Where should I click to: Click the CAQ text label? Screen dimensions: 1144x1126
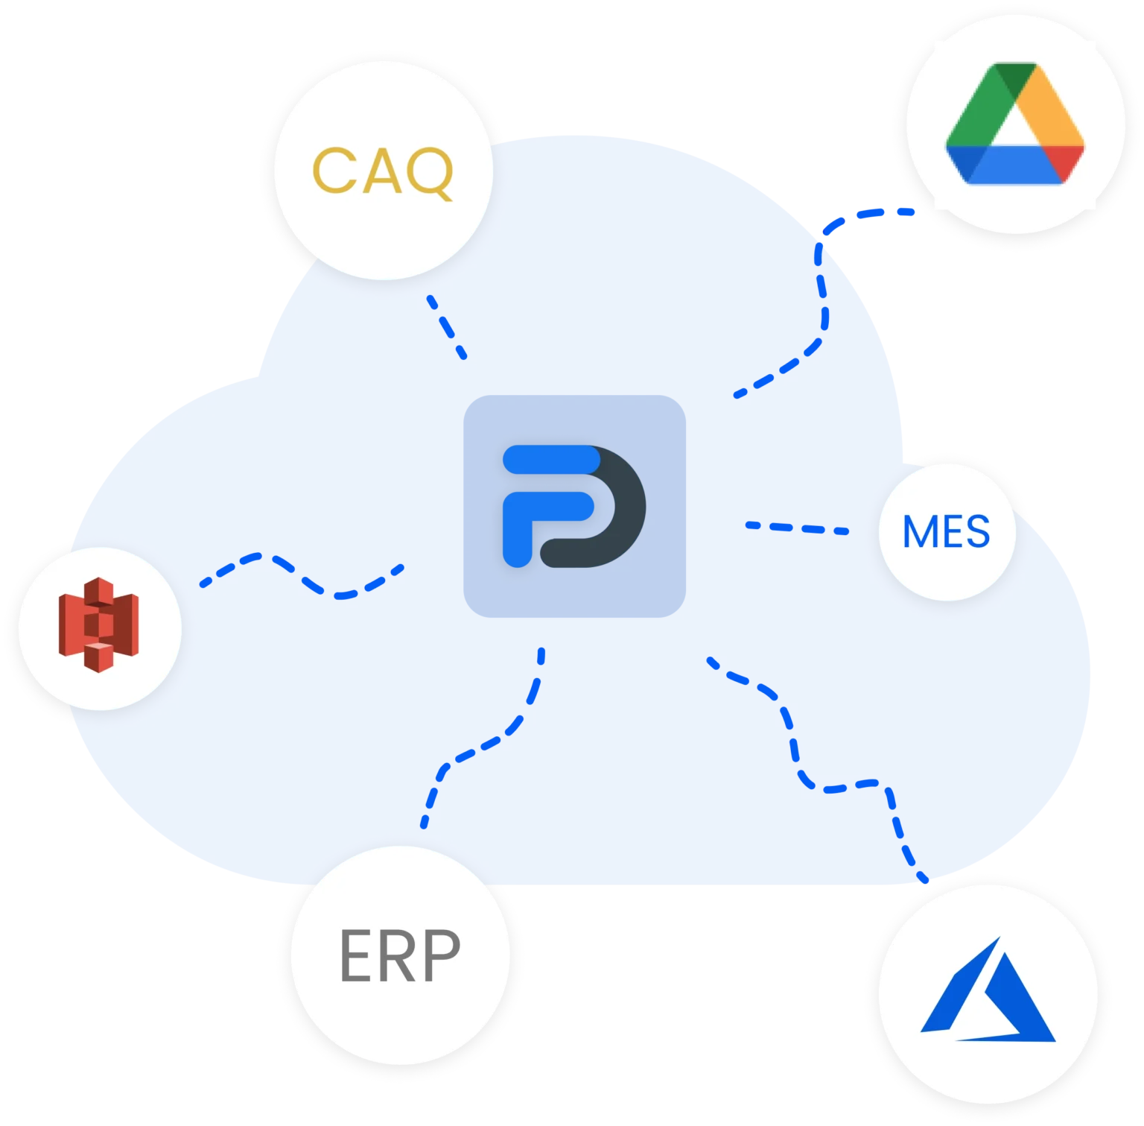click(x=383, y=172)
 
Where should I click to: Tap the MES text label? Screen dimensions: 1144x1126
click(x=946, y=531)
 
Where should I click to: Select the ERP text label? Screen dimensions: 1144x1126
click(x=400, y=955)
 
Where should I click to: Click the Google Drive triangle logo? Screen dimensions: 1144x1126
click(x=1015, y=123)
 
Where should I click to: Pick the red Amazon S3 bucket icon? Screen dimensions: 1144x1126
click(x=99, y=624)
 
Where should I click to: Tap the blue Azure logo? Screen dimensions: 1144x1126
click(x=988, y=989)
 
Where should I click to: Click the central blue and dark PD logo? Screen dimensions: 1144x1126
click(x=574, y=506)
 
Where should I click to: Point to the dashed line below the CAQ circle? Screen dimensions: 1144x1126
click(x=447, y=327)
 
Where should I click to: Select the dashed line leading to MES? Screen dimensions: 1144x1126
click(x=797, y=528)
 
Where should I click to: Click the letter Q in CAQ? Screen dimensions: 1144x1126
click(x=429, y=173)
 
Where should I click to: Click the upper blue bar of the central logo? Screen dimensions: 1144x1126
click(x=552, y=459)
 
